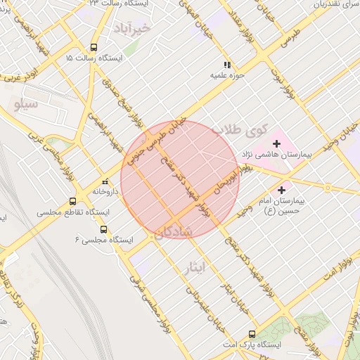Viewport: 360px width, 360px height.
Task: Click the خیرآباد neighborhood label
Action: (x=131, y=28)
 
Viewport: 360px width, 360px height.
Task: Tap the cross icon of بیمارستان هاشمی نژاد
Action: (x=277, y=144)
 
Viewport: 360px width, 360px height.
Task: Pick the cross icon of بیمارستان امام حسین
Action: (x=283, y=189)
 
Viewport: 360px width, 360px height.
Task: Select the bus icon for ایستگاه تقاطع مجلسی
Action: (x=72, y=202)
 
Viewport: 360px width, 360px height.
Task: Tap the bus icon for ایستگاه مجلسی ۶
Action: (x=104, y=229)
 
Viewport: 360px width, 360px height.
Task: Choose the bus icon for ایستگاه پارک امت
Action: (x=252, y=335)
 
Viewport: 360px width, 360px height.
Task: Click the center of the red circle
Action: (x=180, y=179)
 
